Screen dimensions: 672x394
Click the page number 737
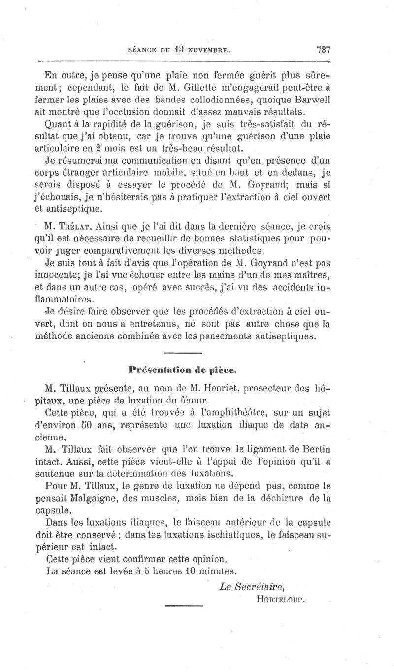click(324, 50)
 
